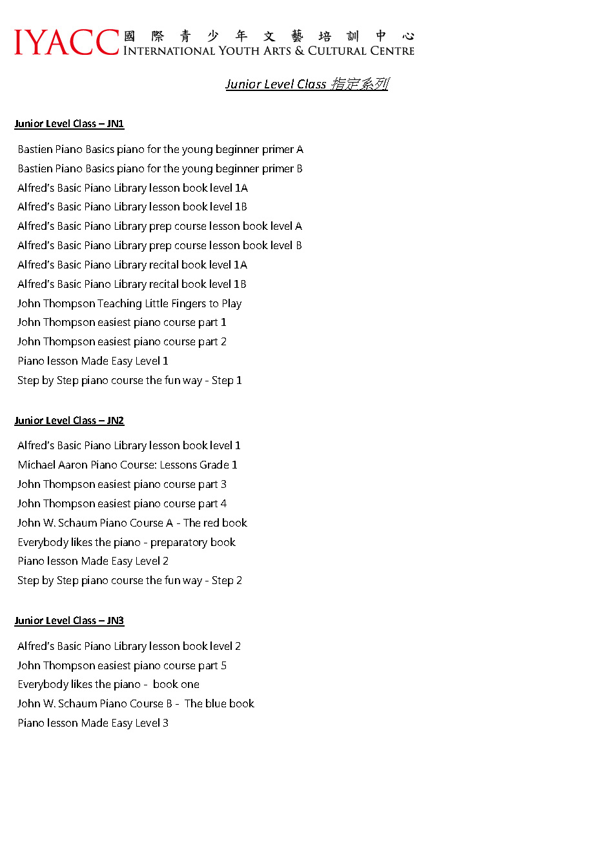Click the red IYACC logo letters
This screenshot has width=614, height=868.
(67, 43)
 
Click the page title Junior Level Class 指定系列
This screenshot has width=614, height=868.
(307, 84)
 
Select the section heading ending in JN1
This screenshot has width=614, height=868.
(69, 124)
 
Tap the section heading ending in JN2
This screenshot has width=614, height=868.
(69, 421)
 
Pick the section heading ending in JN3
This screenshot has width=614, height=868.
(69, 621)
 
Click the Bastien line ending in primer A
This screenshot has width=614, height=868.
(160, 149)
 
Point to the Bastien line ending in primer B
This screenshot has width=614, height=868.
(160, 168)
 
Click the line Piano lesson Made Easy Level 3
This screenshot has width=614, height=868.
(93, 723)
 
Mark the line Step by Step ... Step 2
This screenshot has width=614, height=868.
(130, 580)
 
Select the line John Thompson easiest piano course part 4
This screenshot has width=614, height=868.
(122, 503)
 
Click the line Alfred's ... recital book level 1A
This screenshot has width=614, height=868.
(132, 265)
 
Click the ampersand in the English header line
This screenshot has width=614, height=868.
(300, 51)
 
